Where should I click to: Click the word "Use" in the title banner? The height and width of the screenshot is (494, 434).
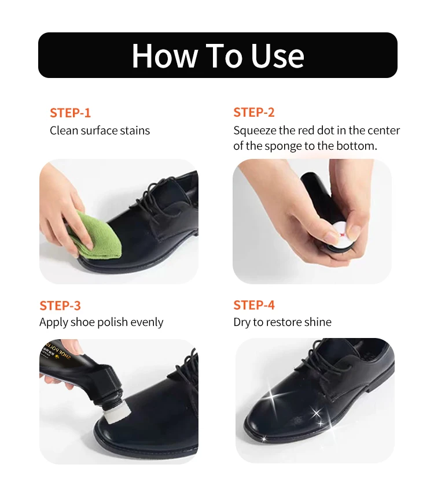coord(277,55)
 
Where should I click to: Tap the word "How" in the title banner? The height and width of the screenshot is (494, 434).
coord(164,55)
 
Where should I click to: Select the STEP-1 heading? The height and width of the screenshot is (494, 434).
coord(70,113)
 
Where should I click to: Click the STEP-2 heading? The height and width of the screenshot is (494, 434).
coord(254,112)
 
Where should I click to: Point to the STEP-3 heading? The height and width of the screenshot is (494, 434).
coord(60,306)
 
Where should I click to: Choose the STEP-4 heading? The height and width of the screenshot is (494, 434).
coord(254,305)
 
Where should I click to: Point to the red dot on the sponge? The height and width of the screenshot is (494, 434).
coord(342,235)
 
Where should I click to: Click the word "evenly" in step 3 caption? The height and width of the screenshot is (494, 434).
coord(147,322)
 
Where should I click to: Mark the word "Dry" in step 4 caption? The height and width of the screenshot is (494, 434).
coord(241,322)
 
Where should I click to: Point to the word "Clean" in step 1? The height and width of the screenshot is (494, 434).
coord(64,131)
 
